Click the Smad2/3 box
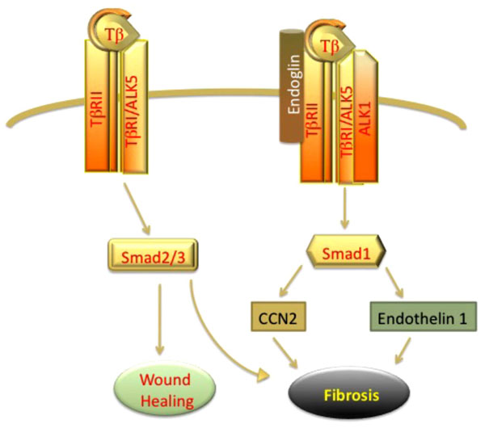click(153, 255)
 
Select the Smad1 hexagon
click(346, 251)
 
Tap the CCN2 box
click(278, 317)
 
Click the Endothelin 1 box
click(423, 317)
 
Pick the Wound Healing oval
click(165, 389)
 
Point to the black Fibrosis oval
click(349, 393)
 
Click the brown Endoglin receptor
click(291, 86)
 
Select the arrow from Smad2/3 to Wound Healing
click(159, 319)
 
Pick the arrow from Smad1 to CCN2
click(290, 281)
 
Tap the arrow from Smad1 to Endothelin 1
click(394, 282)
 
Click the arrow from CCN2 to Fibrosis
click(285, 353)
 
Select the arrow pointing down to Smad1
click(344, 208)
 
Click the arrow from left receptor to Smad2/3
click(137, 208)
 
